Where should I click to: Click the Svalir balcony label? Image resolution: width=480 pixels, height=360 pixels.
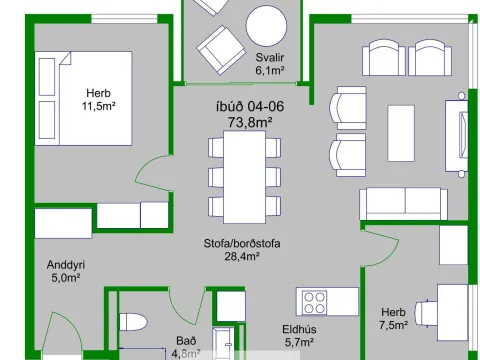click(270, 57)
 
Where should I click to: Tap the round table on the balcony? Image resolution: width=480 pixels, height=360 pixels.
click(266, 26)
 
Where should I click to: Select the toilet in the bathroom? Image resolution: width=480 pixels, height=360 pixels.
click(133, 322)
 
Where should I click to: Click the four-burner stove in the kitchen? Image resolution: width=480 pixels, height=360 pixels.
click(314, 302)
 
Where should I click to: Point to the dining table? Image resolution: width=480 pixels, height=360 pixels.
click(244, 177)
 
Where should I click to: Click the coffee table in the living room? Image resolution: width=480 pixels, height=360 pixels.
click(401, 133)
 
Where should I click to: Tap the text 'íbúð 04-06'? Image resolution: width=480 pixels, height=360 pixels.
click(250, 107)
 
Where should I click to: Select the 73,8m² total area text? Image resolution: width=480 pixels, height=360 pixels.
click(250, 122)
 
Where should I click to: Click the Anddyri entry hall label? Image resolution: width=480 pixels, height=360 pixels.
click(66, 265)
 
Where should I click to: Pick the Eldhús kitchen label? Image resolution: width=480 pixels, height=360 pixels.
click(299, 329)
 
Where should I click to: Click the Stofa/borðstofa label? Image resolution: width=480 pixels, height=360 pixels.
click(242, 243)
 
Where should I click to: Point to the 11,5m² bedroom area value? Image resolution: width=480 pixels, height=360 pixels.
click(99, 106)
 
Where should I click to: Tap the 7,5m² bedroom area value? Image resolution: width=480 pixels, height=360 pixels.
click(394, 325)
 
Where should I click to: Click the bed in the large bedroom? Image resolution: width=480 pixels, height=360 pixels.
click(83, 98)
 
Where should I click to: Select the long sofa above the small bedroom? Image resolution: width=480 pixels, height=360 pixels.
click(403, 204)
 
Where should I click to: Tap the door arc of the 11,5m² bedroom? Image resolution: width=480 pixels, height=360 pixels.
click(148, 174)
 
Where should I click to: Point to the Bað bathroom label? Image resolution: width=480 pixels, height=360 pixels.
click(186, 341)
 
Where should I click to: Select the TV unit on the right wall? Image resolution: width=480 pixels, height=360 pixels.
click(457, 135)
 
